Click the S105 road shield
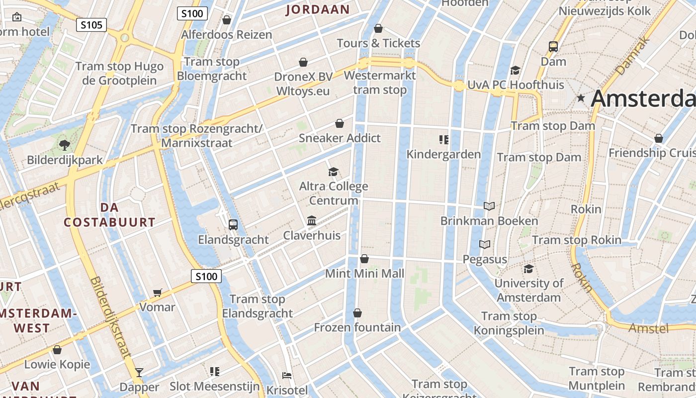point(91,24)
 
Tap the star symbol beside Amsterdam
point(581,99)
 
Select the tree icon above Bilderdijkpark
point(64,145)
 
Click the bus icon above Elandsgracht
point(233,224)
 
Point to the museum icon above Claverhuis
point(312,220)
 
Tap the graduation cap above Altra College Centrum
point(333,172)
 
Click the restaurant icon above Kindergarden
point(444,139)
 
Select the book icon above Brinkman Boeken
point(489,206)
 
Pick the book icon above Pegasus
point(485,244)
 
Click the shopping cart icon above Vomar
point(158,292)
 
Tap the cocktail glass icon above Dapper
point(139,372)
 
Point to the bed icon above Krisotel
point(287,375)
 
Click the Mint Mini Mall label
point(364,273)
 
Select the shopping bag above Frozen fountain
point(357,313)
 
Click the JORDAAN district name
point(318,9)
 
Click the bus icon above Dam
point(553,47)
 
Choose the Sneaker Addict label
point(340,138)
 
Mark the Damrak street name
point(633,56)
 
